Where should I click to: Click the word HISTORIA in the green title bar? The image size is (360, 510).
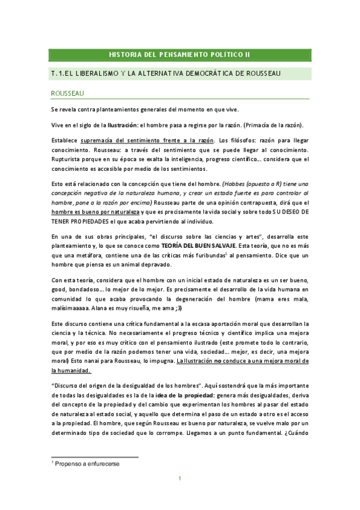pyautogui.click(x=124, y=55)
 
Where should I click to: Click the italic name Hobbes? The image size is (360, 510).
pyautogui.click(x=235, y=183)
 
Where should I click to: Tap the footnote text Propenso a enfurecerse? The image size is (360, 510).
pyautogui.click(x=87, y=464)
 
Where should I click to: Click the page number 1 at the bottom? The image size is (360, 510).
pyautogui.click(x=180, y=479)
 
